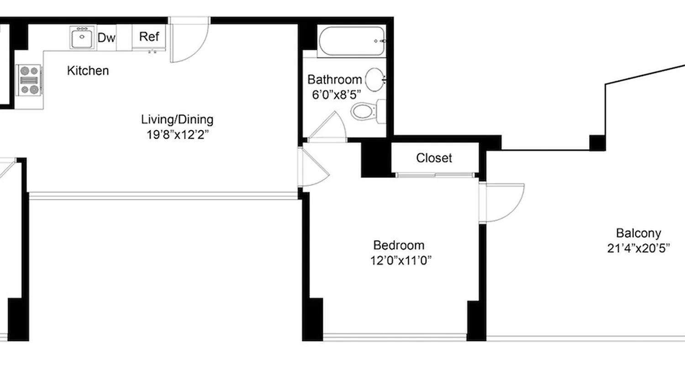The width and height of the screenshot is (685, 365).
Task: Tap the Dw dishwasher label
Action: [106, 38]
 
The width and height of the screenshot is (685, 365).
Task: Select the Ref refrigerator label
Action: [149, 36]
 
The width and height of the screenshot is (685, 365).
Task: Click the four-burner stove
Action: [30, 80]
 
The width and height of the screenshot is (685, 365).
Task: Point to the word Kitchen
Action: [88, 71]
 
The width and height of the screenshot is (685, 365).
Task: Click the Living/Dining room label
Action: [177, 120]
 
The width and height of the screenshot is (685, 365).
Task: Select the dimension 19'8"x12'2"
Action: [177, 135]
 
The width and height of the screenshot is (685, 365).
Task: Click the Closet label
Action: [434, 158]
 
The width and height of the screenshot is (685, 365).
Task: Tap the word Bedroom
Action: [399, 245]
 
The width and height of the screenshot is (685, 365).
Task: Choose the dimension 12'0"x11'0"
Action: [401, 261]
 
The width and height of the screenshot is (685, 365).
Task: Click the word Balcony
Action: [638, 233]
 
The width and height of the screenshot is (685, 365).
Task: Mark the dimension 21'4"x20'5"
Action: [638, 249]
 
